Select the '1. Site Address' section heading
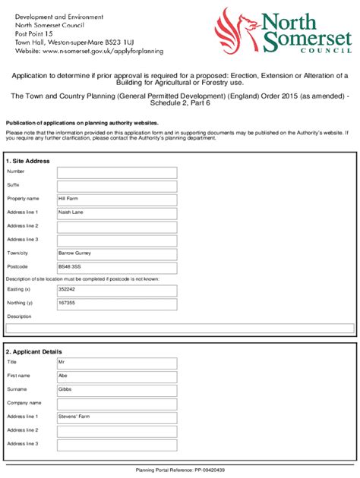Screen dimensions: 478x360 [28, 162]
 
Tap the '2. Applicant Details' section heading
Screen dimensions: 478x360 [34, 351]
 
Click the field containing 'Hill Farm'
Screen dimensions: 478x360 [117, 199]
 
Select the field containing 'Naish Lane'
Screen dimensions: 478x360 [117, 212]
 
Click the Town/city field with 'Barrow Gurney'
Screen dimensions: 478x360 [117, 253]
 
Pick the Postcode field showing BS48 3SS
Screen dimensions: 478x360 [117, 267]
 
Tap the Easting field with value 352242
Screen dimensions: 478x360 [117, 290]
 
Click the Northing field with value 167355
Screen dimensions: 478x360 [117, 303]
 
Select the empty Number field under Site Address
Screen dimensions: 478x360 [117, 172]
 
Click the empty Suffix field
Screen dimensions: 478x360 [117, 186]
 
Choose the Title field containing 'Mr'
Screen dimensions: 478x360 [117, 363]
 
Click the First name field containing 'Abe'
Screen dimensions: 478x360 [117, 376]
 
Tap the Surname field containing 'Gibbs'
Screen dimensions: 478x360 [117, 390]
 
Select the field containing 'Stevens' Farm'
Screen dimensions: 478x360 [117, 417]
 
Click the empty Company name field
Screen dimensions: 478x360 [117, 403]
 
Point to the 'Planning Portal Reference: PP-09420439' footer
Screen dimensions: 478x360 [180, 470]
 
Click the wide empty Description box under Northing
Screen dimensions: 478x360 [180, 329]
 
